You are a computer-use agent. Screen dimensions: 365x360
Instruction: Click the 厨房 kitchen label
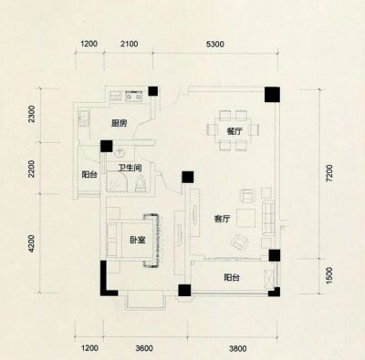click(119, 123)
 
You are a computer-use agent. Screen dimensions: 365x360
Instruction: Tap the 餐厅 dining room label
click(235, 131)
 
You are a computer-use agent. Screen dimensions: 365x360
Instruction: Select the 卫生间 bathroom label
click(130, 168)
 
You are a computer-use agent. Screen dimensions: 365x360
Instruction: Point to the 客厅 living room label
click(222, 219)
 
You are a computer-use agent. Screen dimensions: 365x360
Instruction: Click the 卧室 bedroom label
click(138, 240)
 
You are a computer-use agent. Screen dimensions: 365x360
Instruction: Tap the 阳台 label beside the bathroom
click(89, 174)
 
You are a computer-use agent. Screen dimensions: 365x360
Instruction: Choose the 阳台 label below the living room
click(232, 277)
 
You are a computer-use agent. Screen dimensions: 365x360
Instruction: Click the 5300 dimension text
click(215, 45)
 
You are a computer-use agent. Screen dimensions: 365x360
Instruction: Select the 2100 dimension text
click(129, 44)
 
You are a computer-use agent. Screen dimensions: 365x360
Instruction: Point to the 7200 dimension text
click(329, 173)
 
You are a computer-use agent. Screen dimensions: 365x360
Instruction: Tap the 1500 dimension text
click(329, 276)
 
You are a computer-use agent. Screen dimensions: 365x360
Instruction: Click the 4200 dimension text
click(31, 243)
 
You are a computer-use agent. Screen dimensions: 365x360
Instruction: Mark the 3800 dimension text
click(238, 348)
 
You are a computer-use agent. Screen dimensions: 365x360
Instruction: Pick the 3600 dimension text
click(144, 348)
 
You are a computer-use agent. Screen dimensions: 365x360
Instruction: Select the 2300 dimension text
click(31, 114)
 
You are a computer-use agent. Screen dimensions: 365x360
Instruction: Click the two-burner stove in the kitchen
click(133, 96)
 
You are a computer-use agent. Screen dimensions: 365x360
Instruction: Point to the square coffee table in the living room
click(246, 218)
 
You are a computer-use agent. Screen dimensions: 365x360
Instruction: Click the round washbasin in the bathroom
click(120, 153)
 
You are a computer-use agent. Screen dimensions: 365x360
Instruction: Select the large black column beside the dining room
click(272, 94)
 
